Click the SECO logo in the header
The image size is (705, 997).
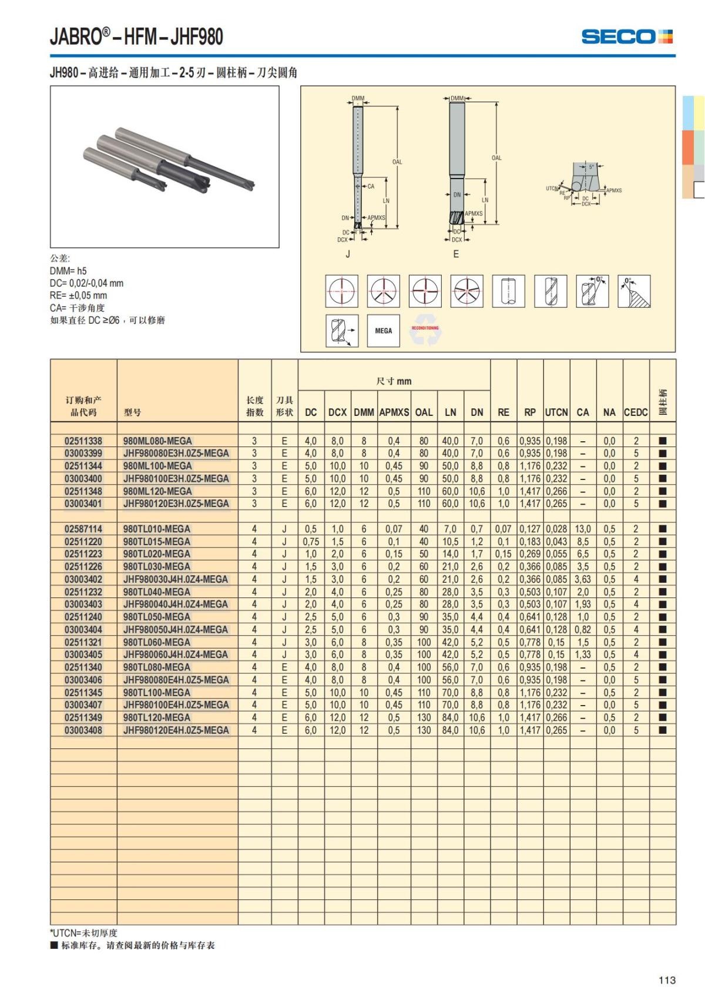pos(626,36)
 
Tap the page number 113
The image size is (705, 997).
pos(667,980)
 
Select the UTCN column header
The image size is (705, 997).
pos(556,412)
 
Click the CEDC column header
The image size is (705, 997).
pos(636,412)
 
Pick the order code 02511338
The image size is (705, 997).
pos(83,441)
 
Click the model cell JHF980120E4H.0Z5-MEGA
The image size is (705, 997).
pos(176,730)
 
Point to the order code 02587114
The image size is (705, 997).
pos(83,529)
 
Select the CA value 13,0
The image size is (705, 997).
pos(583,529)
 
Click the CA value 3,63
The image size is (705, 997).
pos(583,579)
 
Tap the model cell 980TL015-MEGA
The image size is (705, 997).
pos(156,542)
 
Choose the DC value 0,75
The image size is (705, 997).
pos(311,542)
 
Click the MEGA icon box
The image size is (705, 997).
pos(383,331)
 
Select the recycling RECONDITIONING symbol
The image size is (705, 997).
pos(425,331)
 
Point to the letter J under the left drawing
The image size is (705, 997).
pos(348,254)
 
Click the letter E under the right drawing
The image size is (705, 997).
pos(456,254)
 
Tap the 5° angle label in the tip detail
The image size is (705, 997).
pos(592,167)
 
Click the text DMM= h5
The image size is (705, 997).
pos(68,271)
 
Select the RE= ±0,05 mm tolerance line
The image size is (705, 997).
pos(78,296)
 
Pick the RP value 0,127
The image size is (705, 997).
pos(530,529)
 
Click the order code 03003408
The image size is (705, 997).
pos(83,730)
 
